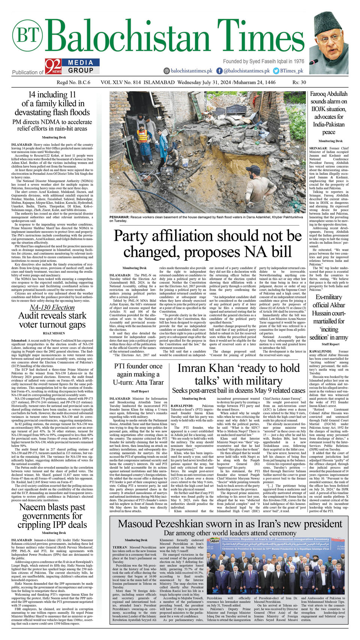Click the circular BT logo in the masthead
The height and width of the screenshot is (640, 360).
click(x=27, y=36)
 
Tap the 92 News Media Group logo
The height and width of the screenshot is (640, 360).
click(x=72, y=66)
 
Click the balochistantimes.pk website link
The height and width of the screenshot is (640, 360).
click(x=188, y=71)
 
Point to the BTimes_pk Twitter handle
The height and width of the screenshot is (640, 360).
click(x=288, y=71)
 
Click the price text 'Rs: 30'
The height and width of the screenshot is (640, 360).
click(x=299, y=82)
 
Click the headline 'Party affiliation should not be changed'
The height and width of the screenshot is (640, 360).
click(x=207, y=244)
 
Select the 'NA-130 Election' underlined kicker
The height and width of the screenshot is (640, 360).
click(x=52, y=307)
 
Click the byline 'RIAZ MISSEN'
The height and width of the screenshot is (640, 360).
click(x=54, y=333)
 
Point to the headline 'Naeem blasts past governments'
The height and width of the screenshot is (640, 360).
click(x=52, y=516)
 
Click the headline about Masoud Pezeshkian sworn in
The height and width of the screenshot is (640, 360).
click(x=230, y=524)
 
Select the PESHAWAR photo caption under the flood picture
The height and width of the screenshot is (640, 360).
click(x=206, y=219)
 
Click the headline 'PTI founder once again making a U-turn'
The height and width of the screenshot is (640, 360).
click(x=138, y=374)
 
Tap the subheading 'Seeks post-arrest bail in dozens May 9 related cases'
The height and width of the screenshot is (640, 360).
click(x=238, y=391)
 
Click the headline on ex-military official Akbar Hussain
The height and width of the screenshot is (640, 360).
click(x=328, y=317)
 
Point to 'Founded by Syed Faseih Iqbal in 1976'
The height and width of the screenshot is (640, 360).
click(x=263, y=61)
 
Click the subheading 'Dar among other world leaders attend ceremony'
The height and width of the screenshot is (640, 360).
click(x=230, y=533)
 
